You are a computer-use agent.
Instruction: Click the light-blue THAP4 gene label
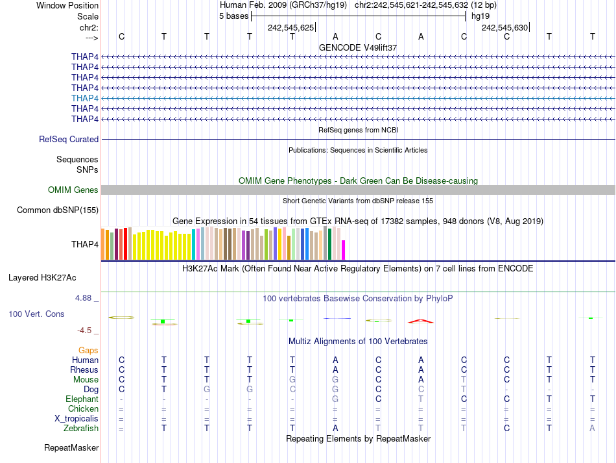(x=85, y=98)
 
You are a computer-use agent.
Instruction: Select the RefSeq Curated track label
(x=69, y=139)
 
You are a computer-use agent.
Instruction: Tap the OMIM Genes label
(x=73, y=190)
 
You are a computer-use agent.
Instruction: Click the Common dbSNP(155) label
(x=58, y=210)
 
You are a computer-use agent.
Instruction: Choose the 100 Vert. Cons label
(x=36, y=314)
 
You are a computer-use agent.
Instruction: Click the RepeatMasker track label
(x=71, y=447)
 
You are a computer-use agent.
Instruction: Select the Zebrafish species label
(x=81, y=428)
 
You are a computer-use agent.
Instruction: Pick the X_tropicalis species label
(x=77, y=418)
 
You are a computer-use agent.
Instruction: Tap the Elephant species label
(x=82, y=399)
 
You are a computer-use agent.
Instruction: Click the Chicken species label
(x=83, y=408)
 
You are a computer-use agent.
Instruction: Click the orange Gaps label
(x=88, y=350)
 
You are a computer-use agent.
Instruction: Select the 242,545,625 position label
(x=290, y=27)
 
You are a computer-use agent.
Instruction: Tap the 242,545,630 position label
(x=504, y=27)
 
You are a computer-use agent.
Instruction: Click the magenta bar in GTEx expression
(x=344, y=250)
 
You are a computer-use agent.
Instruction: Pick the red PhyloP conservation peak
(x=420, y=321)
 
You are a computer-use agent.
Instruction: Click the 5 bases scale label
(x=233, y=16)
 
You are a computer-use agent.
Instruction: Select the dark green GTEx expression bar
(x=329, y=244)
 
